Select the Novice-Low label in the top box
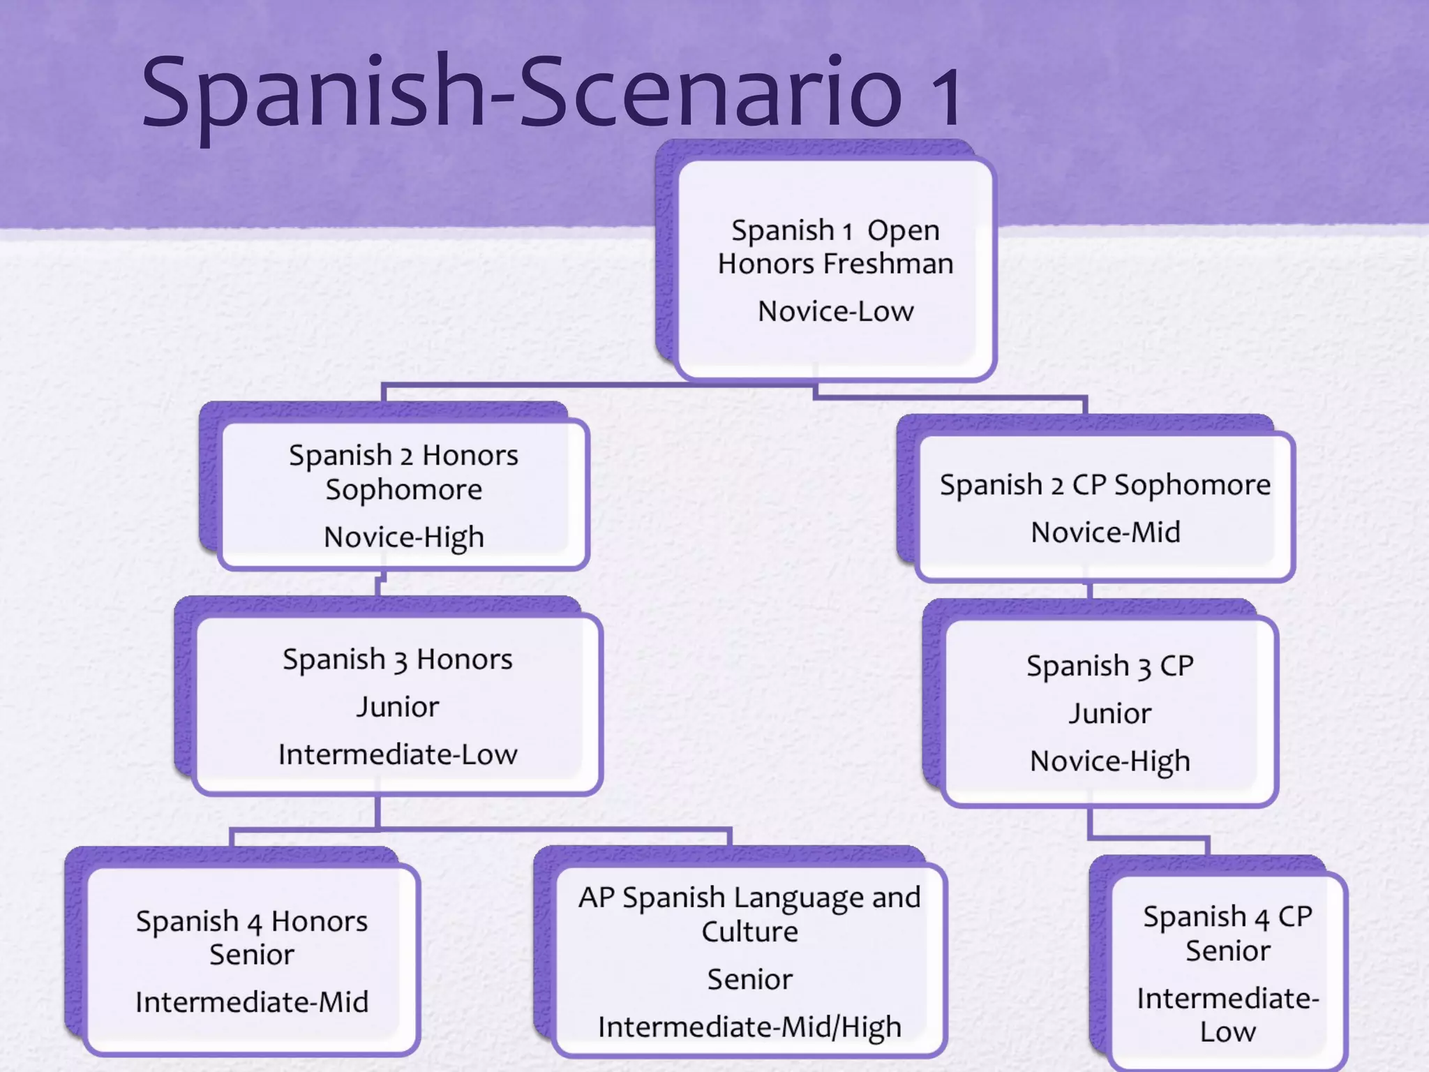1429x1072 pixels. (x=835, y=311)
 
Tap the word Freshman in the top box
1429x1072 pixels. (x=888, y=264)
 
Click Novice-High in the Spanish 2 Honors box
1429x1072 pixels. (x=403, y=537)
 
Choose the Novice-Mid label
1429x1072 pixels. (x=1105, y=533)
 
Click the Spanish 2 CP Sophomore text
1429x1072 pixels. (x=1105, y=485)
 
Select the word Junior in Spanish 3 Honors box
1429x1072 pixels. (x=398, y=707)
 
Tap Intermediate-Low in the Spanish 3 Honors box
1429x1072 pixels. (x=398, y=754)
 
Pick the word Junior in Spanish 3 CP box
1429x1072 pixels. (x=1109, y=714)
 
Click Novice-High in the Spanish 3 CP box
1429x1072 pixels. (x=1109, y=761)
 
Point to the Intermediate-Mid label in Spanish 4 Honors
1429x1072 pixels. (x=252, y=1002)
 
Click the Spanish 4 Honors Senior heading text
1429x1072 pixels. (x=252, y=937)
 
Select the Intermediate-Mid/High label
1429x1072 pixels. (x=749, y=1027)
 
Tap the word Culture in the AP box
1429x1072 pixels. (x=749, y=932)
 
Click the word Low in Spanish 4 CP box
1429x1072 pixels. (x=1227, y=1032)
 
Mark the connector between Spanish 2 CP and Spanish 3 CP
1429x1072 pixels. (x=1089, y=590)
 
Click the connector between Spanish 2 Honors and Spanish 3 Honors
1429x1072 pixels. (x=379, y=583)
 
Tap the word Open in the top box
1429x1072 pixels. (x=903, y=230)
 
